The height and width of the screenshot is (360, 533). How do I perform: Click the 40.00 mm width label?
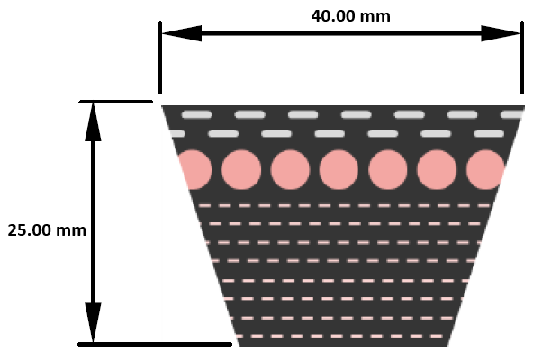(351, 16)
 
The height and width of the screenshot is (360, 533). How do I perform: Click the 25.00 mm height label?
(47, 230)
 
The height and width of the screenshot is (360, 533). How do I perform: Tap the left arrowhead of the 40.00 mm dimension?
(181, 33)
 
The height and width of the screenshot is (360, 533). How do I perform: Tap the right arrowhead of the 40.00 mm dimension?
(501, 33)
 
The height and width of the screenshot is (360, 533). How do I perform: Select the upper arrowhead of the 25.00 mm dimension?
(93, 121)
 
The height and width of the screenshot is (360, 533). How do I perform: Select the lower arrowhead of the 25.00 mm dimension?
(93, 322)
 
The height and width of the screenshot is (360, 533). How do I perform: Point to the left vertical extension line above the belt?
(160, 58)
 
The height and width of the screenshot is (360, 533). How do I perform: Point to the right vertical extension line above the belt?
(522, 58)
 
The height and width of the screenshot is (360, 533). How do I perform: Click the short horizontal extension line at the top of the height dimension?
(116, 102)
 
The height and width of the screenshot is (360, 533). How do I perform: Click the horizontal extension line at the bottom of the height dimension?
(155, 345)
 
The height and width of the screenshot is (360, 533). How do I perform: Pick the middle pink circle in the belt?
(339, 169)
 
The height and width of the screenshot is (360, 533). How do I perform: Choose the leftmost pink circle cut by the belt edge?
(194, 169)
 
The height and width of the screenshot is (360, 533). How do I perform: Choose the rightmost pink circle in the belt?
(485, 169)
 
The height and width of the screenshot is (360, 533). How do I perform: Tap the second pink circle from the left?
(241, 169)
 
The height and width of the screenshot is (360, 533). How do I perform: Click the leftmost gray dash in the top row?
(197, 115)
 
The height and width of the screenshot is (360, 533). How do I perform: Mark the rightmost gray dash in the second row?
(489, 133)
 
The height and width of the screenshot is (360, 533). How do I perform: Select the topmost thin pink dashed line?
(344, 206)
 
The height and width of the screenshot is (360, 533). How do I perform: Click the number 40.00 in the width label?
(334, 16)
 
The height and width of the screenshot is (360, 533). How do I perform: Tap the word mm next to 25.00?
(71, 230)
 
